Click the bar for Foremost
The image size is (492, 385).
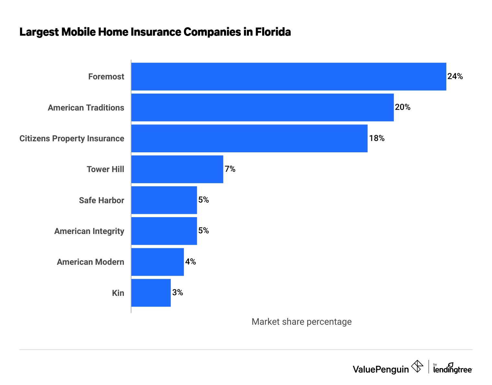289,76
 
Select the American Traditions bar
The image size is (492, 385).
263,107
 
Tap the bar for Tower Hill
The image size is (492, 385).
177,169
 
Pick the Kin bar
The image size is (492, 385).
151,293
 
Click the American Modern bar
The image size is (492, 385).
157,262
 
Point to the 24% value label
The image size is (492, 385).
455,76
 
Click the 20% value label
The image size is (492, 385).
403,107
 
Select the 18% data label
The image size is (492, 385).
377,138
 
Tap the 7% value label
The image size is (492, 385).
230,169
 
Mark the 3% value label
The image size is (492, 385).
178,293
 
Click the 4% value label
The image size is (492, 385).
191,262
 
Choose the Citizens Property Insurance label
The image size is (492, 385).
72,138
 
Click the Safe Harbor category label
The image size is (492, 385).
101,200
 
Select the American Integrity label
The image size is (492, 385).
89,231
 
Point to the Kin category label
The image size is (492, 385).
118,293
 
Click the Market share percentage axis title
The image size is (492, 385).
301,321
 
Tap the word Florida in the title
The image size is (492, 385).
273,32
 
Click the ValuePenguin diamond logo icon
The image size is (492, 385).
417,367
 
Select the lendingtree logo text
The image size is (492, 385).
453,369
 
